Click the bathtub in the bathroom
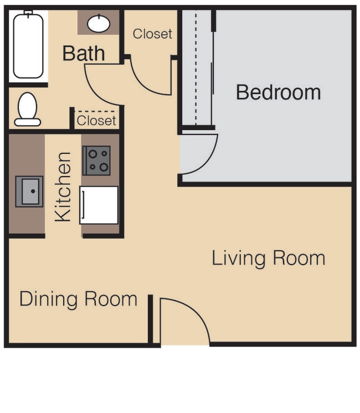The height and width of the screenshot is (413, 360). [x=28, y=46]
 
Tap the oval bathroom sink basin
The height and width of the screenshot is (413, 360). [x=99, y=24]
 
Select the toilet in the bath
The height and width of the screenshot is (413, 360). [x=27, y=109]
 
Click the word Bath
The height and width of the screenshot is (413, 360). [x=84, y=53]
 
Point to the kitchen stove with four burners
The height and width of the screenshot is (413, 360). [x=96, y=161]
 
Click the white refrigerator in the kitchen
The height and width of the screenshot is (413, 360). [x=99, y=205]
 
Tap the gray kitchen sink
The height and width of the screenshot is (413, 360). [x=29, y=191]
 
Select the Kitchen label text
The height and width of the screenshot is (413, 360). [x=63, y=187]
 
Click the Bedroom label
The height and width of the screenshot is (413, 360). [x=278, y=92]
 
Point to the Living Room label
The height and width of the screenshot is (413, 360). [x=269, y=258]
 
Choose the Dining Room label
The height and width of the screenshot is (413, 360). [x=79, y=299]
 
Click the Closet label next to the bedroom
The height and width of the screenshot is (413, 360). [x=152, y=34]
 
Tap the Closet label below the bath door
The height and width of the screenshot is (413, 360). [x=96, y=121]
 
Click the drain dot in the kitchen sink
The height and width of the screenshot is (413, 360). [x=33, y=191]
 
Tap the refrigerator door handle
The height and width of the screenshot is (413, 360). [x=83, y=205]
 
